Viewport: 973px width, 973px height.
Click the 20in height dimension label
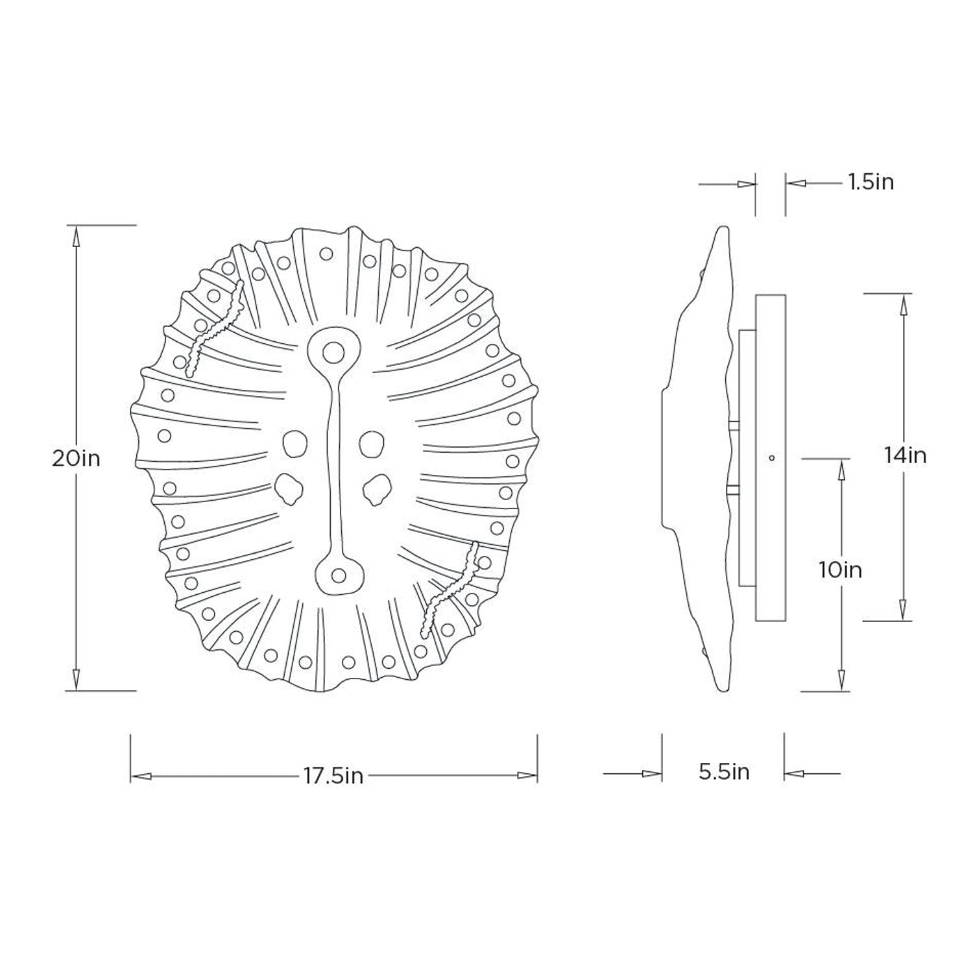tap(77, 459)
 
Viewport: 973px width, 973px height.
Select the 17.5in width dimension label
tap(333, 776)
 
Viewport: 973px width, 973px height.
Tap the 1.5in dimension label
tap(871, 182)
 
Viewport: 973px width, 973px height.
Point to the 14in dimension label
tap(905, 455)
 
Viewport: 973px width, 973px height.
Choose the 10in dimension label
tap(840, 570)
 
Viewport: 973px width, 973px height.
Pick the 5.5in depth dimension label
tap(724, 772)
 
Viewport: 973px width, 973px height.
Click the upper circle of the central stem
tap(333, 352)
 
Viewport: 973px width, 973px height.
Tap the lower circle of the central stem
tap(338, 574)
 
